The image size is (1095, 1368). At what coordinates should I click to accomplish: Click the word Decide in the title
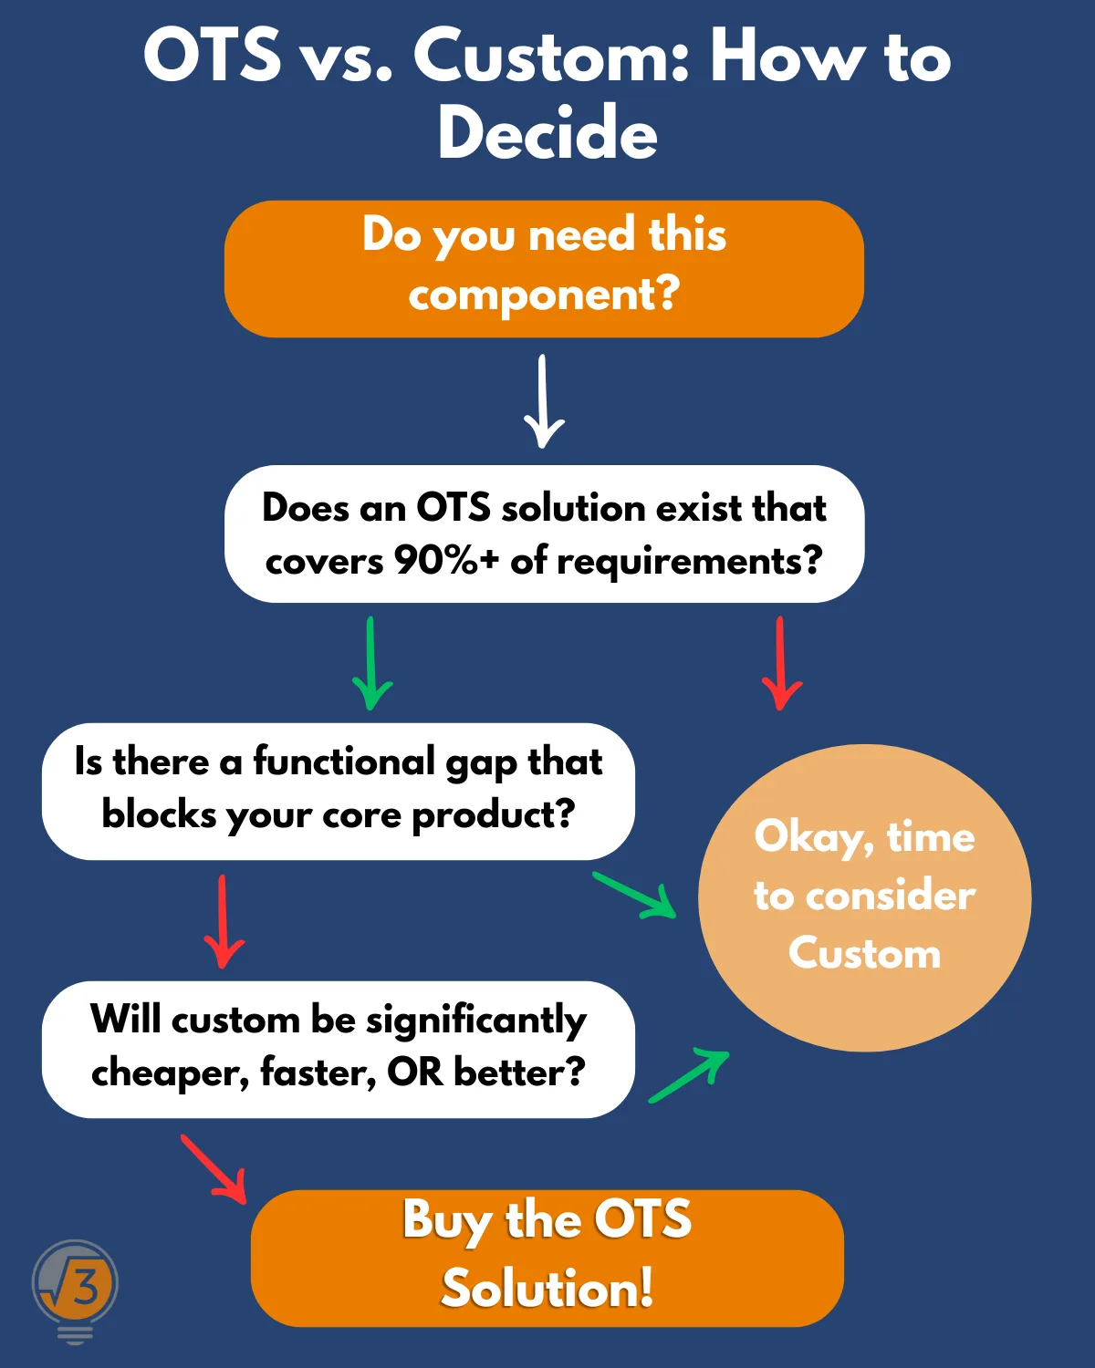[x=547, y=132]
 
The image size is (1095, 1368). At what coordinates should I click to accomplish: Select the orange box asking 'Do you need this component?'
[x=544, y=269]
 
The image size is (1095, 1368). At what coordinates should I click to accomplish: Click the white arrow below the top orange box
[x=543, y=401]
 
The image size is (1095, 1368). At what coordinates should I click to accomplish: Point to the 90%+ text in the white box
[x=446, y=561]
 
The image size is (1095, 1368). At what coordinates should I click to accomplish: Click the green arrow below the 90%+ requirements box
[x=371, y=663]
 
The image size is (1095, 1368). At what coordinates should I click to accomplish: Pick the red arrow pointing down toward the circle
[x=781, y=663]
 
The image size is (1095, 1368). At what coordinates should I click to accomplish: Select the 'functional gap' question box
[x=339, y=792]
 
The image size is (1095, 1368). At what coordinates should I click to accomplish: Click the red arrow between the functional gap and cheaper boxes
[x=224, y=921]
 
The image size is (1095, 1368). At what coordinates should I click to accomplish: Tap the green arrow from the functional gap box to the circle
[x=634, y=895]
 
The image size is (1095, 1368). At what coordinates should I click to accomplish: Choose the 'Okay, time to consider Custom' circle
[x=865, y=897]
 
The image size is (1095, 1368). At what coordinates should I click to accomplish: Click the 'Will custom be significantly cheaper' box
[x=339, y=1050]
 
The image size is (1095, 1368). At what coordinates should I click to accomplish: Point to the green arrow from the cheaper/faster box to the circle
[x=688, y=1076]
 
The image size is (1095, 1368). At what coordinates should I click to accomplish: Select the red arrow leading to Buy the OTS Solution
[x=214, y=1169]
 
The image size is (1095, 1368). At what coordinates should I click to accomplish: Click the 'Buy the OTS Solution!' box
[x=547, y=1258]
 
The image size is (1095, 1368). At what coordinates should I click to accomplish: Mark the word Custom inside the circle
[x=865, y=954]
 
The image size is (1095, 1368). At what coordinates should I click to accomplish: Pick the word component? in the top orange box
[x=544, y=295]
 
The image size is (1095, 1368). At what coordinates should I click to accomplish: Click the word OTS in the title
[x=212, y=56]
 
